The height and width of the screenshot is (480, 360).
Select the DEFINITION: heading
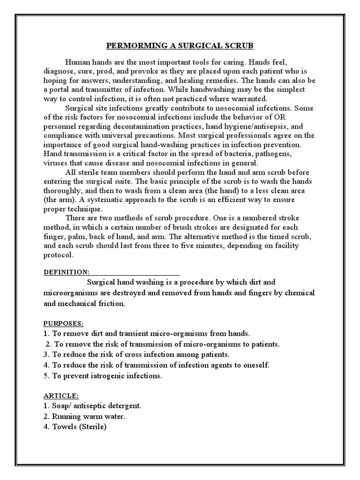point(66,272)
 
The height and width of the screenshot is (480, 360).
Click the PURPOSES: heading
point(64,323)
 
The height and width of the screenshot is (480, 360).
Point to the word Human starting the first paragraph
point(76,61)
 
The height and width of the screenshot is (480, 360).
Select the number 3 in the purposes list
point(46,354)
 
